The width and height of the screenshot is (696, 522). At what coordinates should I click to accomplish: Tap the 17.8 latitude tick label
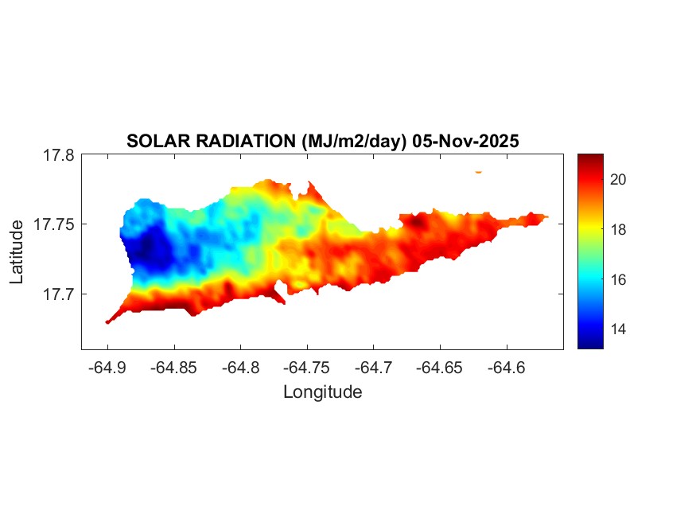58,155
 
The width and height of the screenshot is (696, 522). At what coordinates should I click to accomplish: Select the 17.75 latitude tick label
54,224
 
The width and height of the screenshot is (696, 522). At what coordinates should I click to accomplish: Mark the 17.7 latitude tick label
58,294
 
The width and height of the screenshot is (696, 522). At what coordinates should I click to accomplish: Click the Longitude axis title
322,391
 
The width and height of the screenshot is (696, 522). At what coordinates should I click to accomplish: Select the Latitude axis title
17,252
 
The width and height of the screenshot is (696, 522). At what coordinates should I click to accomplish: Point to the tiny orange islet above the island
478,171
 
